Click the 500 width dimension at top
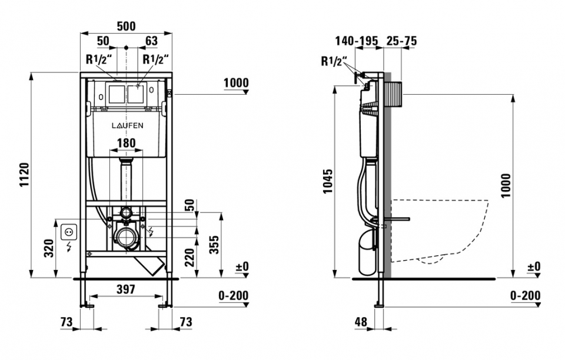point(126,26)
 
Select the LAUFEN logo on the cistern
point(128,125)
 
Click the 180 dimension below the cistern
point(125,142)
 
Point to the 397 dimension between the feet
point(125,289)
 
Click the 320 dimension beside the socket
point(50,249)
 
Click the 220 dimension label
point(190,256)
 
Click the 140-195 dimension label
point(356,41)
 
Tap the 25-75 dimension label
point(402,41)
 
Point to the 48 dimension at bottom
point(361,322)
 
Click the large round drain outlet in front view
point(125,237)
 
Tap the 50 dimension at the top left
point(103,41)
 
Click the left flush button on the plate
point(116,94)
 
